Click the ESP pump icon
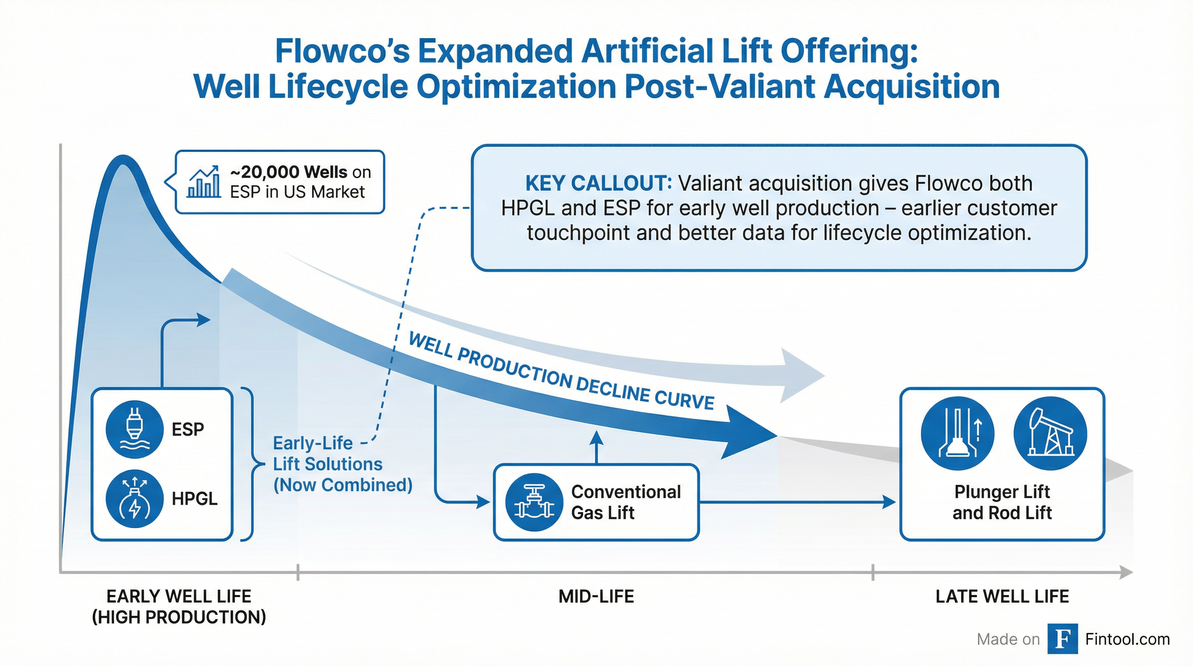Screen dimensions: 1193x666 click(134, 429)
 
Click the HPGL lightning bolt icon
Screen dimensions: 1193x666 click(134, 499)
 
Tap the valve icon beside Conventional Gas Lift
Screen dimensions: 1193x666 click(535, 502)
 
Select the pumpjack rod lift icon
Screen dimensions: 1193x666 click(1050, 434)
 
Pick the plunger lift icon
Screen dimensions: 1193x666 click(958, 434)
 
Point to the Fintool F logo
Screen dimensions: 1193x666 click(1063, 639)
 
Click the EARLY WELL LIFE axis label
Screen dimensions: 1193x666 click(179, 607)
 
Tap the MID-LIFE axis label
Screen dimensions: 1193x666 click(596, 597)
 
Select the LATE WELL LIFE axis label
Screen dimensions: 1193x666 click(1002, 597)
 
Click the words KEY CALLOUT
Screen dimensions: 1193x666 click(598, 184)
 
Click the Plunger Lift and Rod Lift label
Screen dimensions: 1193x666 click(1002, 502)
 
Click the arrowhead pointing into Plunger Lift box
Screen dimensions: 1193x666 click(889, 502)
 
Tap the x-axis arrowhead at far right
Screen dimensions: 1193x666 click(1126, 572)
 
